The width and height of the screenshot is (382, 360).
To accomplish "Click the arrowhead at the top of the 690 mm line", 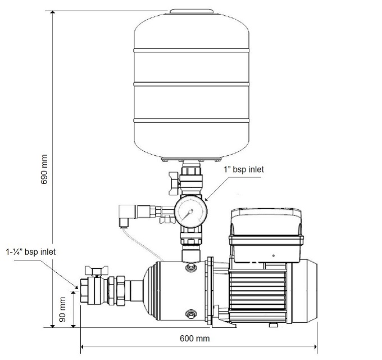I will [x=53, y=15].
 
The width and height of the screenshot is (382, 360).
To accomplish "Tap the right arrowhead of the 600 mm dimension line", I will [x=317, y=346].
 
